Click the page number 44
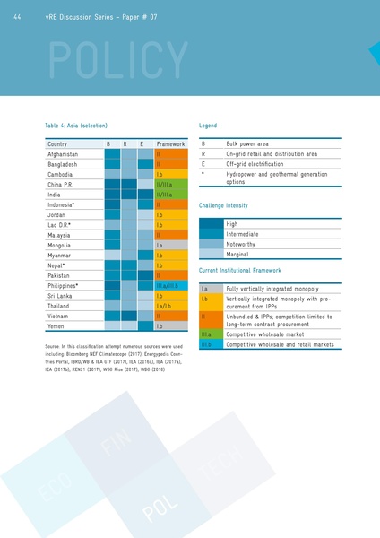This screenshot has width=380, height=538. pyautogui.click(x=18, y=16)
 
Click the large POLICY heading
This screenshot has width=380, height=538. pyautogui.click(x=104, y=59)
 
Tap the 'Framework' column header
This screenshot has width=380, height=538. pyautogui.click(x=170, y=143)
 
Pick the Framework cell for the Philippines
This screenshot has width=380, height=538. pyautogui.click(x=170, y=285)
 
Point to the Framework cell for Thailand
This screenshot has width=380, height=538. pyautogui.click(x=170, y=306)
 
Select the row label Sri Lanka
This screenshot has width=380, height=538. pyautogui.click(x=61, y=295)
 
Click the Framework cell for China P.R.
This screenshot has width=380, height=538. pyautogui.click(x=170, y=184)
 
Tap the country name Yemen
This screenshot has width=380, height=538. pyautogui.click(x=57, y=326)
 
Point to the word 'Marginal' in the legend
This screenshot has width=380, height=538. pyautogui.click(x=240, y=254)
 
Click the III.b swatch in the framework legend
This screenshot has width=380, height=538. pyautogui.click(x=211, y=344)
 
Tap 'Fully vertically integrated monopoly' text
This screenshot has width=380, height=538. pyautogui.click(x=272, y=289)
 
